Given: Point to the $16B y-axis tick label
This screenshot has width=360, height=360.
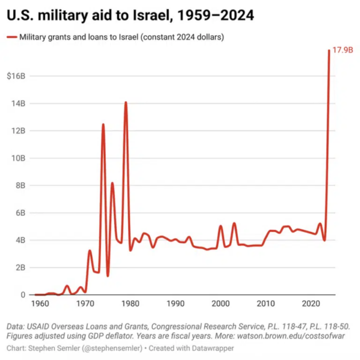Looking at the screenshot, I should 16,76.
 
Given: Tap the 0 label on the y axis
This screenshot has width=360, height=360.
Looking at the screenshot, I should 23,295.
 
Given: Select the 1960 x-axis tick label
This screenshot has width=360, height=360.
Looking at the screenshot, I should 39,304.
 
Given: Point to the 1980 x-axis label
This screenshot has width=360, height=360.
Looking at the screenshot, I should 130,304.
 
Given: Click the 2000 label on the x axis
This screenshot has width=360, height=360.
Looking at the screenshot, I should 220,304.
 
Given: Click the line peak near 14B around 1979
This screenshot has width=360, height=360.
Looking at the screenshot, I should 125,102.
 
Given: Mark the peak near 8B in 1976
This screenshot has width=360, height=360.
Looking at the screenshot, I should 112,183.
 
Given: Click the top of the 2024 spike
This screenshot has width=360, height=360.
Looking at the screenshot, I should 329,50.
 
